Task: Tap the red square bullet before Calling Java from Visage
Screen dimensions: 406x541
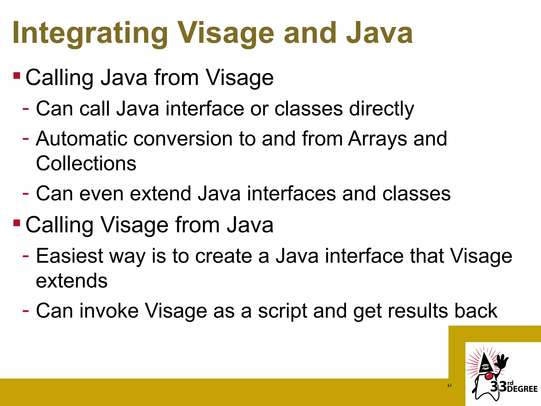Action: coord(17,76)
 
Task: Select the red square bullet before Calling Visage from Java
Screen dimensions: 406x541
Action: coord(17,223)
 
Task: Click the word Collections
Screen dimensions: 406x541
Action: coord(86,163)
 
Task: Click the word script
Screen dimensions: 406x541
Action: coord(282,311)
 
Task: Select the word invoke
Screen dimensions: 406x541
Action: coord(109,311)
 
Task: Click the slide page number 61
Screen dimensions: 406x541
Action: coord(449,386)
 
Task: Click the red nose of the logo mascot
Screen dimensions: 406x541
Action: coord(489,376)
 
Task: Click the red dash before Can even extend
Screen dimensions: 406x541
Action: coord(26,193)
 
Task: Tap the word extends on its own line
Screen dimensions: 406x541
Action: coord(72,281)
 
